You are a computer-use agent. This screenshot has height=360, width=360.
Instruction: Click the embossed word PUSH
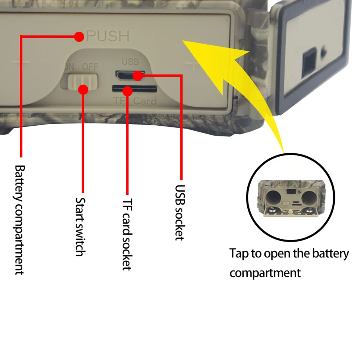click(x=108, y=36)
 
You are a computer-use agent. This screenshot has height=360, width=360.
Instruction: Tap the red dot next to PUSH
click(x=79, y=36)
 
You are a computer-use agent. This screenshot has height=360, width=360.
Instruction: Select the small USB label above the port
click(x=130, y=62)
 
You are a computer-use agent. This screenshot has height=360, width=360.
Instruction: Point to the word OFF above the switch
click(x=90, y=67)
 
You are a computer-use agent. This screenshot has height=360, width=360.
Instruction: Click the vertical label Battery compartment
click(x=19, y=220)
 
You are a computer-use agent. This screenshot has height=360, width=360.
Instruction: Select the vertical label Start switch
click(x=80, y=227)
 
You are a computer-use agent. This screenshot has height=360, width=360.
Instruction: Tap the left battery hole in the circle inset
click(x=273, y=197)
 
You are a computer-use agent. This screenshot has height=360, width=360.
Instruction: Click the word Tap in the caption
click(x=239, y=254)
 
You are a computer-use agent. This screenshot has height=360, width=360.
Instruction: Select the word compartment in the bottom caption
click(x=265, y=273)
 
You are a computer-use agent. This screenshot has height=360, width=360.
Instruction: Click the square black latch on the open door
click(x=309, y=66)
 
